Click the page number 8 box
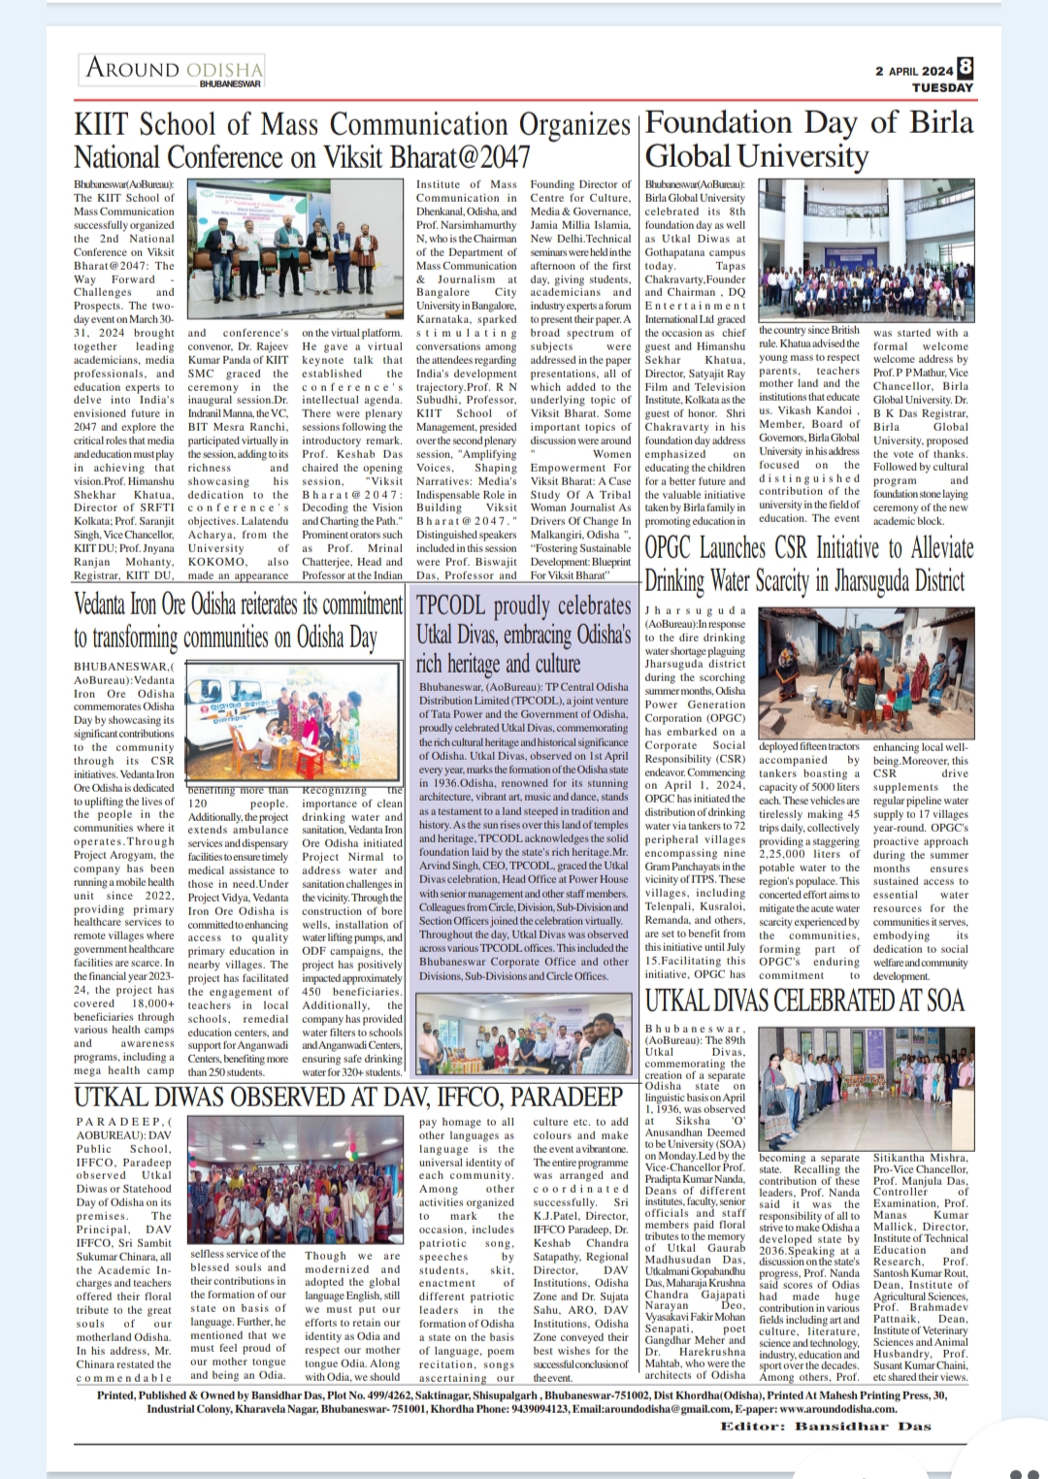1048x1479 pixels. tap(965, 67)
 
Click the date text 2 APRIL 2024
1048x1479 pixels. tap(913, 71)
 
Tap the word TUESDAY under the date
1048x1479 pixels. tap(941, 87)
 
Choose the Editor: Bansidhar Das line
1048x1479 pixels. tap(825, 1426)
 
